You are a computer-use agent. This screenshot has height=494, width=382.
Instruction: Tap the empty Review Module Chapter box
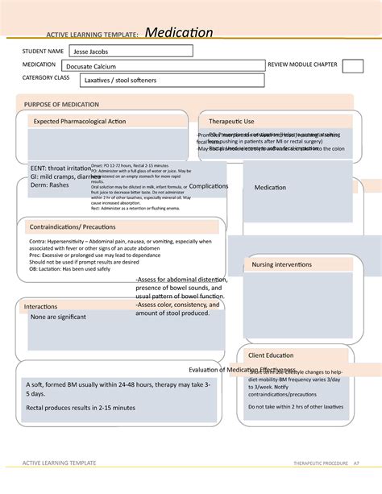(x=352, y=66)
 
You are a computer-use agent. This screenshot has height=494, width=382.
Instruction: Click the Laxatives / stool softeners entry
(x=121, y=80)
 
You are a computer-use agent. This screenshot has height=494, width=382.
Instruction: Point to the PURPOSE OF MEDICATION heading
(x=62, y=105)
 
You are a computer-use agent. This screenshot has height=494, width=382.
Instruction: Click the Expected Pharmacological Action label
(x=79, y=121)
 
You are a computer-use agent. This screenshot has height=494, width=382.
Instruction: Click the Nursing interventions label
(x=282, y=264)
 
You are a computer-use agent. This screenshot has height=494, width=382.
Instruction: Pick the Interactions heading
(x=40, y=307)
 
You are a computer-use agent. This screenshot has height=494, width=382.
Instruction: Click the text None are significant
(x=59, y=318)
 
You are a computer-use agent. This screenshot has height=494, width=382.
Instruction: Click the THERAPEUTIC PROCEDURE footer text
(x=318, y=463)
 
